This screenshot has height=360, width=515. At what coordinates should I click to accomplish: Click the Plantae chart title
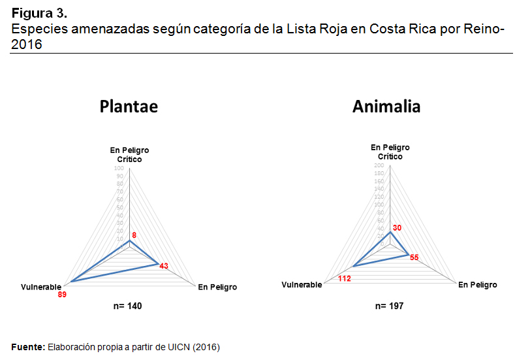[129, 106]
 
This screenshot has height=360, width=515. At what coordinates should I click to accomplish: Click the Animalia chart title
[386, 106]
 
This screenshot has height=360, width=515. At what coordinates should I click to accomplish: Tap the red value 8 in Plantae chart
[134, 234]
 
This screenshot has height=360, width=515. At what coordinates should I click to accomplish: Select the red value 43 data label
[164, 266]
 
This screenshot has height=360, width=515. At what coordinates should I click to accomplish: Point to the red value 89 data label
[62, 295]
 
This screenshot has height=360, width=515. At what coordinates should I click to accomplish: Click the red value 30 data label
[397, 227]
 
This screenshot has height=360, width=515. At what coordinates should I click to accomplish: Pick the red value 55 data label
[414, 257]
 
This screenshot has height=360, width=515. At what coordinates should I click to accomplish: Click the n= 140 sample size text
[129, 306]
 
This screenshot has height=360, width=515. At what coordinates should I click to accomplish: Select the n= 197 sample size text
[390, 305]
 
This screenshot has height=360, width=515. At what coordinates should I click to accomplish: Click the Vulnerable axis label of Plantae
[41, 287]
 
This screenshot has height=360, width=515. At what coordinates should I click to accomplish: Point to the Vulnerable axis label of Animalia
[302, 285]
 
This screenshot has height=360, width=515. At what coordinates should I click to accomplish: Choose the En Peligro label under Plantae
[217, 287]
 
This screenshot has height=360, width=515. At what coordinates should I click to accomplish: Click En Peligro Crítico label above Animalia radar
[390, 152]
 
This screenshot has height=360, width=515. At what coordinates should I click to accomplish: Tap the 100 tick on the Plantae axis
[120, 169]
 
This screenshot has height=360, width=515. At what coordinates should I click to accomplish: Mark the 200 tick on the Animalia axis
[379, 166]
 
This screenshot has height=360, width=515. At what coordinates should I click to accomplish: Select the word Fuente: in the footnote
[28, 347]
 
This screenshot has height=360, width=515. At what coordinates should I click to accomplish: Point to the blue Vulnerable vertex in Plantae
[71, 282]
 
